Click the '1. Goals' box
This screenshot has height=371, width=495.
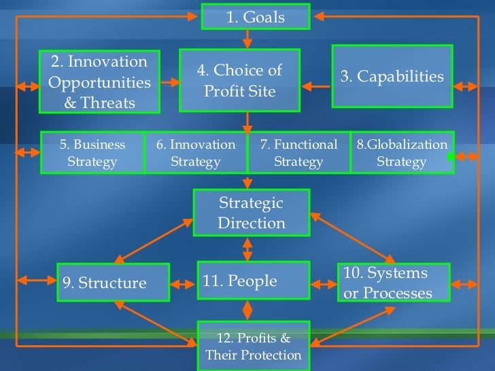pyautogui.click(x=255, y=16)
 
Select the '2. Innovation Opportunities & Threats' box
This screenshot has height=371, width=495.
pyautogui.click(x=99, y=82)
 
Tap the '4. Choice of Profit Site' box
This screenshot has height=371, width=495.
pyautogui.click(x=239, y=80)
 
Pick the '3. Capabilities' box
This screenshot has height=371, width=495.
pyautogui.click(x=392, y=76)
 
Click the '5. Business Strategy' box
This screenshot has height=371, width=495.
pyautogui.click(x=92, y=153)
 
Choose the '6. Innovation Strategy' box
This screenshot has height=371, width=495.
pyautogui.click(x=196, y=153)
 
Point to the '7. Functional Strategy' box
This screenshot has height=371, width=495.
pyautogui.click(x=299, y=153)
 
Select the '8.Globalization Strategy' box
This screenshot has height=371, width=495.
pyautogui.click(x=402, y=153)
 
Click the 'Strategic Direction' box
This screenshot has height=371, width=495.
pyautogui.click(x=252, y=213)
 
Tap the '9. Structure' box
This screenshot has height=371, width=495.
pyautogui.click(x=113, y=283)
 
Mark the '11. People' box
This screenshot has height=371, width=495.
pyautogui.click(x=254, y=281)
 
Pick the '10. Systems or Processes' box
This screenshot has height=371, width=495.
pyautogui.click(x=393, y=283)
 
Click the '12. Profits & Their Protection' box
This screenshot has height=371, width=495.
pyautogui.click(x=253, y=346)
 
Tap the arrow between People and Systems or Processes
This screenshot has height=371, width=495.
pyautogui.click(x=324, y=281)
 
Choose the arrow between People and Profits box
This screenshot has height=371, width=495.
pyautogui.click(x=247, y=310)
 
